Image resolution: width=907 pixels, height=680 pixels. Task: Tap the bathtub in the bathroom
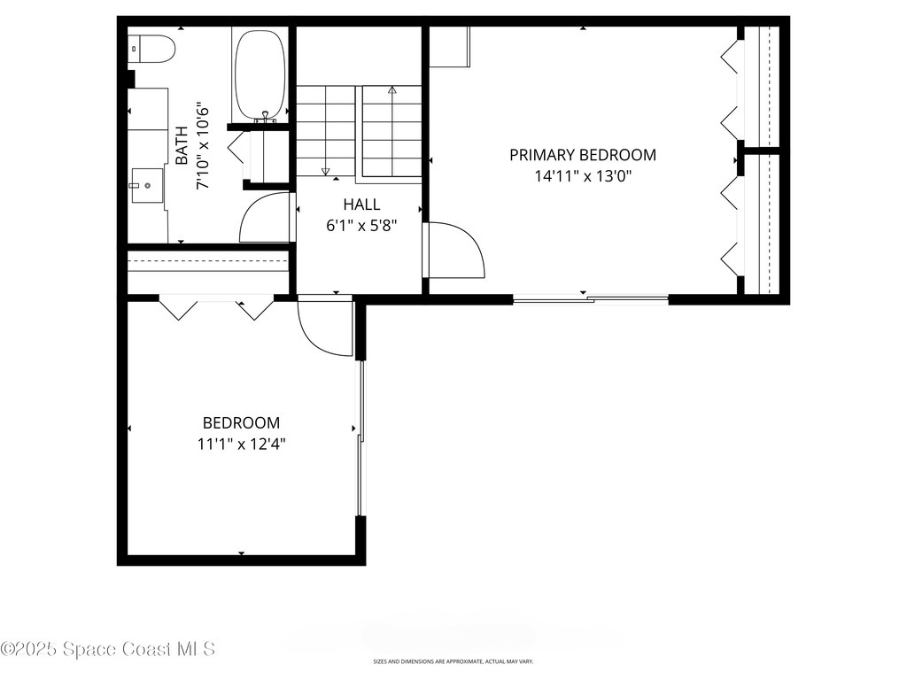point(260,75)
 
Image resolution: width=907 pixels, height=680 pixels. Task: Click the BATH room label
point(182,146)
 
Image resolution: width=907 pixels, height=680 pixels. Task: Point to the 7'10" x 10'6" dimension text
point(203,146)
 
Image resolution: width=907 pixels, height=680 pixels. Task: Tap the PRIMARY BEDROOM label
point(583,155)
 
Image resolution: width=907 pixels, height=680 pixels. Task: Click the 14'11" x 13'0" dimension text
point(583,175)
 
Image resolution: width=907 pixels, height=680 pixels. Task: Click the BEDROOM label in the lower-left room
point(241,423)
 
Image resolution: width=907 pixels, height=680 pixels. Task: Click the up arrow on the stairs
point(392,90)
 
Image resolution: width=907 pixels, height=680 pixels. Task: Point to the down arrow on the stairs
point(325,171)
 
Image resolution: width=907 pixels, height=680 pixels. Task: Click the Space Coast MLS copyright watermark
point(108,649)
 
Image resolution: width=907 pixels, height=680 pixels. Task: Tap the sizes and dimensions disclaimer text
point(453,661)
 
